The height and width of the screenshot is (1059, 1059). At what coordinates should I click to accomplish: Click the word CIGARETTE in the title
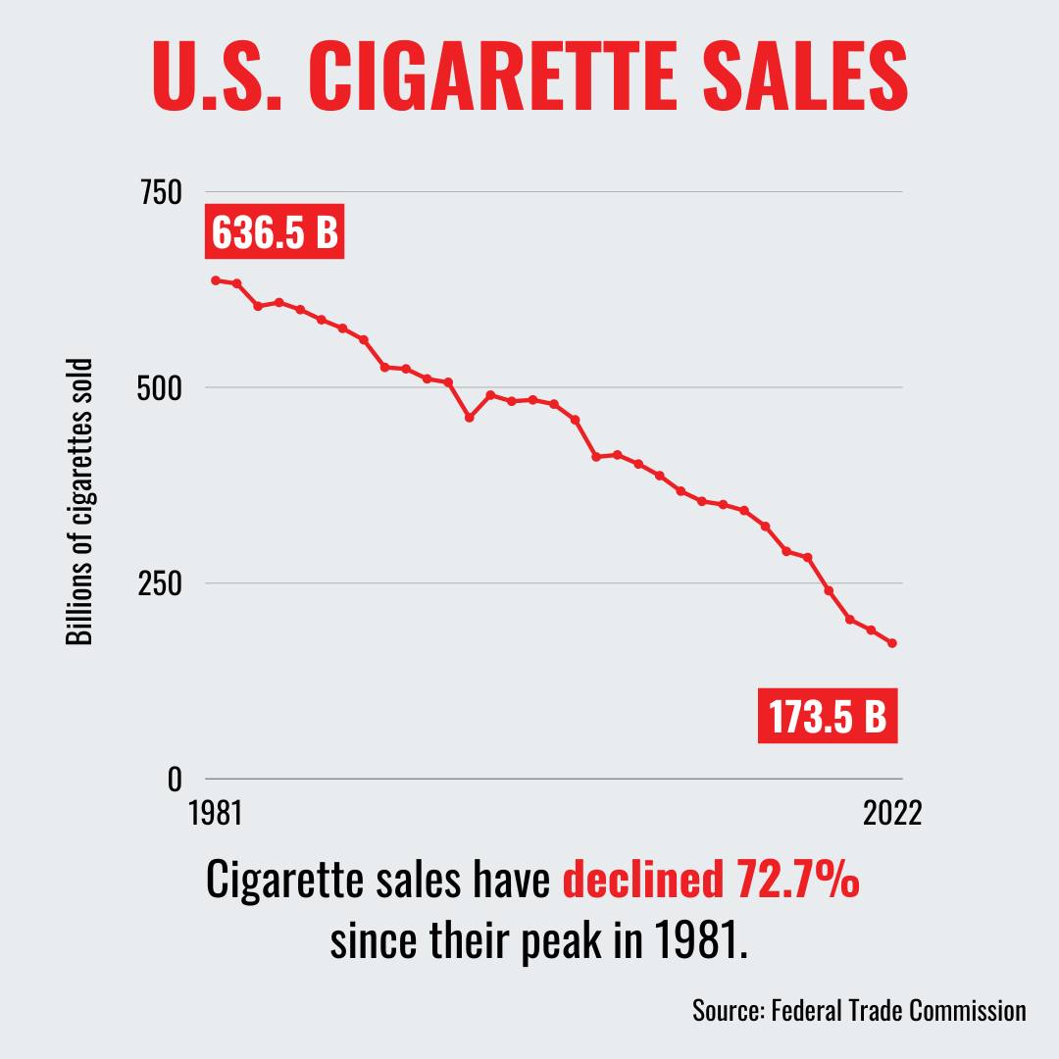click(x=492, y=75)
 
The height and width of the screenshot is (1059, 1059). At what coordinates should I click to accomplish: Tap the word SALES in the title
click(x=806, y=75)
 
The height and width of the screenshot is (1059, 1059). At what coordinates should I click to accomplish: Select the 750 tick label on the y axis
click(x=162, y=192)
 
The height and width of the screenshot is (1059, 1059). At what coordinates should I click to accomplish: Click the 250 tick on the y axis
click(x=161, y=583)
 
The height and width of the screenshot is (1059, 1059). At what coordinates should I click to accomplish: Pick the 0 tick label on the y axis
click(x=175, y=780)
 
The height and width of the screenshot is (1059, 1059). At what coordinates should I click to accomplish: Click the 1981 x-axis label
click(x=216, y=813)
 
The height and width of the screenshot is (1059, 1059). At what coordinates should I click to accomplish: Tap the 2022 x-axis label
click(x=892, y=813)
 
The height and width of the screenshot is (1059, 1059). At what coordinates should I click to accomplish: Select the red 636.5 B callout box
click(x=275, y=231)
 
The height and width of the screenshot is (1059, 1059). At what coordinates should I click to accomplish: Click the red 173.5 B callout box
click(x=828, y=716)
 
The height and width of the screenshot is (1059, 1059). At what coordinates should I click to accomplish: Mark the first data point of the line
click(x=216, y=280)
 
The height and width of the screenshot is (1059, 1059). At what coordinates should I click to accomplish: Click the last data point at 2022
click(x=892, y=643)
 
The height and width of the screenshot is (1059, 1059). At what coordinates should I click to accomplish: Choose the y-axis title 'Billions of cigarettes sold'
click(x=79, y=502)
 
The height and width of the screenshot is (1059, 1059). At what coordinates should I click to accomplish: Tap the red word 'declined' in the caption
click(x=642, y=879)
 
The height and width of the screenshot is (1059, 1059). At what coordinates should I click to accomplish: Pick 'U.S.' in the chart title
click(x=217, y=75)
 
